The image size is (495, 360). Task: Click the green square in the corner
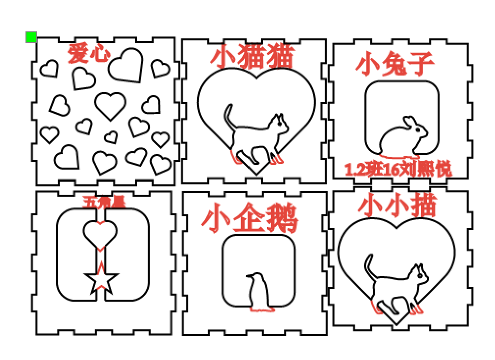pos(31,37)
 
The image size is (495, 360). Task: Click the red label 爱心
pos(89,53)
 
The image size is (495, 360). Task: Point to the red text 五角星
pos(103,202)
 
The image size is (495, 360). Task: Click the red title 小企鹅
pos(249,219)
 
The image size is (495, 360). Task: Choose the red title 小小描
pos(397,206)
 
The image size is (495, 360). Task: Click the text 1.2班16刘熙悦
pos(398,170)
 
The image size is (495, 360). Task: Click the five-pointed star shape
pos(102,281)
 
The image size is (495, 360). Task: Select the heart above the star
pos(100,232)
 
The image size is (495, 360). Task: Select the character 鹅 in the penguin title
pos(282,219)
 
